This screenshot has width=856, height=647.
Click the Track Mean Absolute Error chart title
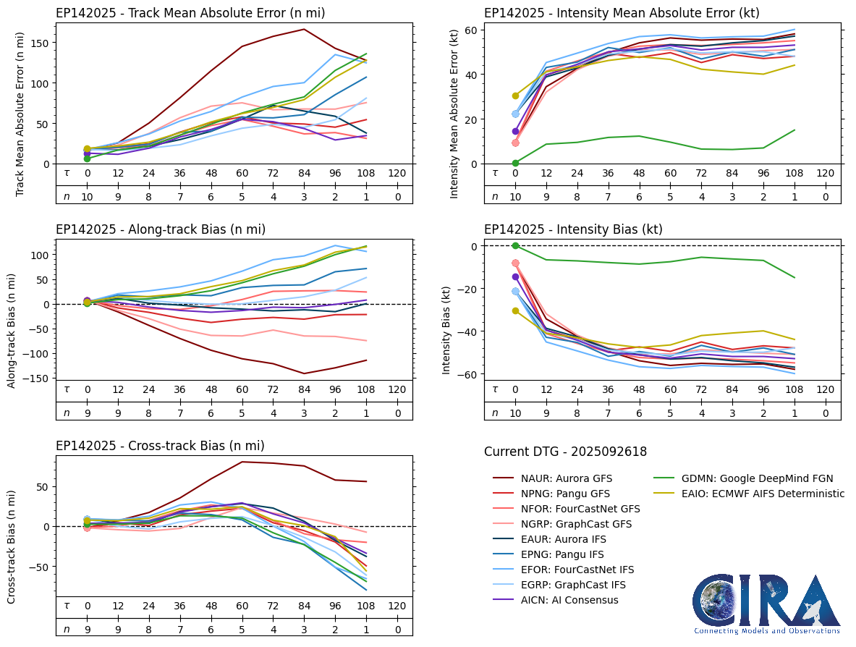[x=190, y=13]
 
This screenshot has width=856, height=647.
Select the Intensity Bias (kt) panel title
[x=573, y=229]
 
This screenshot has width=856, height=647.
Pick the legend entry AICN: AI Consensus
[x=569, y=600]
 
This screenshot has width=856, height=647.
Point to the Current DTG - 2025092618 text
[x=565, y=452]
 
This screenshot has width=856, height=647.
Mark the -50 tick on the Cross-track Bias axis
[x=38, y=567]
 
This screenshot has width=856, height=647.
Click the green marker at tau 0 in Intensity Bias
[x=515, y=246]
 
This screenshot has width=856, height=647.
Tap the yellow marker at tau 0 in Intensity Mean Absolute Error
[x=515, y=96]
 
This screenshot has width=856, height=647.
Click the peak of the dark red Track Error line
[x=304, y=30]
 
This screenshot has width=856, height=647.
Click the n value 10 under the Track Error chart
[x=87, y=195]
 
